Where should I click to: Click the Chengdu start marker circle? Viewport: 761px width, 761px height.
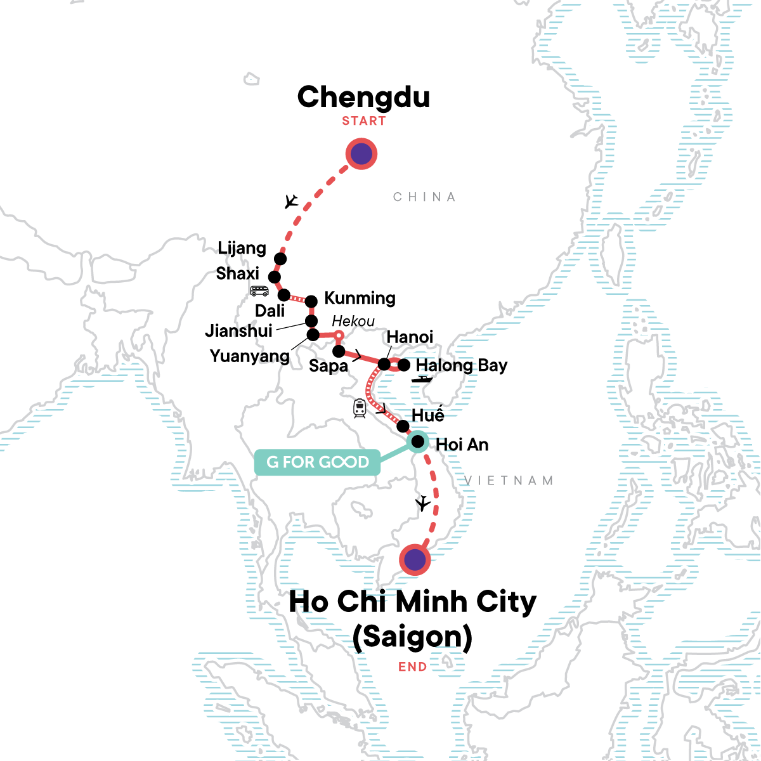pyautogui.click(x=361, y=154)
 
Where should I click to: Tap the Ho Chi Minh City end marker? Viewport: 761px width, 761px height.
pyautogui.click(x=415, y=559)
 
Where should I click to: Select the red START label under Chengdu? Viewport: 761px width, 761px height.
pyautogui.click(x=364, y=121)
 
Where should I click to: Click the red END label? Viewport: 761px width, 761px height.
pyautogui.click(x=412, y=667)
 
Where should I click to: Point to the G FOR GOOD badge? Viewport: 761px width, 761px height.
pyautogui.click(x=317, y=462)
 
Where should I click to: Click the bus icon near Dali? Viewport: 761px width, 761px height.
pyautogui.click(x=259, y=291)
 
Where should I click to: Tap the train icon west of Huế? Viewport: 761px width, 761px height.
pyautogui.click(x=360, y=408)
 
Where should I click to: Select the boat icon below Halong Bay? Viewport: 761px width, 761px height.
pyautogui.click(x=422, y=379)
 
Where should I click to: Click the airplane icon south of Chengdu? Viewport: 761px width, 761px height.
pyautogui.click(x=291, y=202)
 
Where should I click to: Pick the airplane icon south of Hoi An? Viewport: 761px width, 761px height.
pyautogui.click(x=422, y=504)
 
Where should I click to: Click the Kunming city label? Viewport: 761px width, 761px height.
pyautogui.click(x=360, y=298)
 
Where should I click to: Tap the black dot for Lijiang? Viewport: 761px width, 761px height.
pyautogui.click(x=280, y=259)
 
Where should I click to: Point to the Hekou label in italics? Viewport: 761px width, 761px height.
pyautogui.click(x=353, y=321)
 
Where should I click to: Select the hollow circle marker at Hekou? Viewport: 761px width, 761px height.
pyautogui.click(x=339, y=335)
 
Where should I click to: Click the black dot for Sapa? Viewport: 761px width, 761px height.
pyautogui.click(x=339, y=351)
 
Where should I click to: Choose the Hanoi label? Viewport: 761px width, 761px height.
pyautogui.click(x=410, y=337)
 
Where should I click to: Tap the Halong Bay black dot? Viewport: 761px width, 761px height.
pyautogui.click(x=403, y=365)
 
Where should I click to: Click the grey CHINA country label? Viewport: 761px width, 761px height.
pyautogui.click(x=424, y=197)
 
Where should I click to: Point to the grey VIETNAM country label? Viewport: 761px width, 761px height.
pyautogui.click(x=509, y=481)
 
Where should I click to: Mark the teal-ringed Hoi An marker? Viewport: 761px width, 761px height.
pyautogui.click(x=418, y=441)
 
